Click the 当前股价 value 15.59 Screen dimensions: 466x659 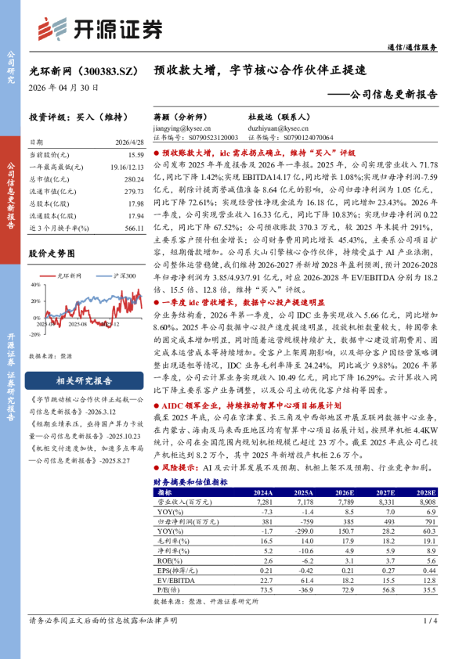[x=134, y=156]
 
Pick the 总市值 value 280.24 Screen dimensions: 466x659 [x=134, y=179]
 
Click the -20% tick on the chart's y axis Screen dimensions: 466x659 [x=34, y=333]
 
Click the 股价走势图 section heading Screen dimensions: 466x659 [x=51, y=254]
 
